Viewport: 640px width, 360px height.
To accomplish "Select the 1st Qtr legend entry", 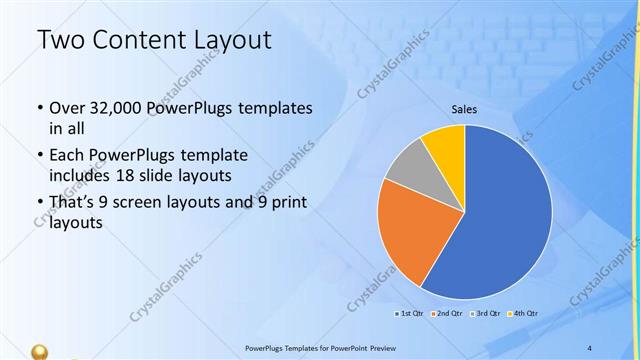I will coord(409,314).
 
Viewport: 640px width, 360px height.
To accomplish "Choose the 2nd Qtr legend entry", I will coord(447,314).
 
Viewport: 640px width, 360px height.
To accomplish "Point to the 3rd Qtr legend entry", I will coord(486,314).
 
